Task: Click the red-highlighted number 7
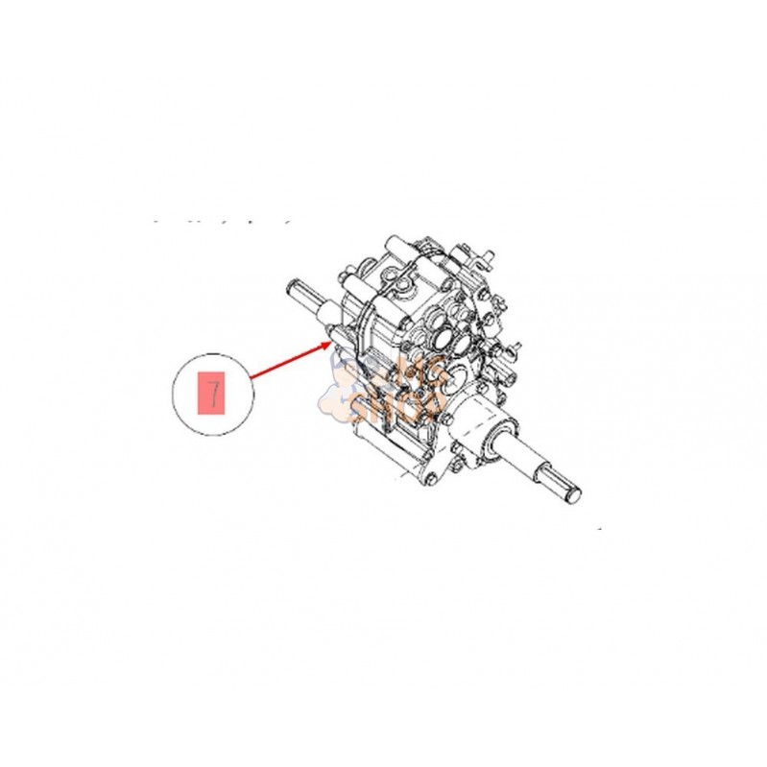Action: coord(211,394)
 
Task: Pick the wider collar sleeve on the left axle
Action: coord(326,312)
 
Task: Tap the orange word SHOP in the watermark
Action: coord(384,410)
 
